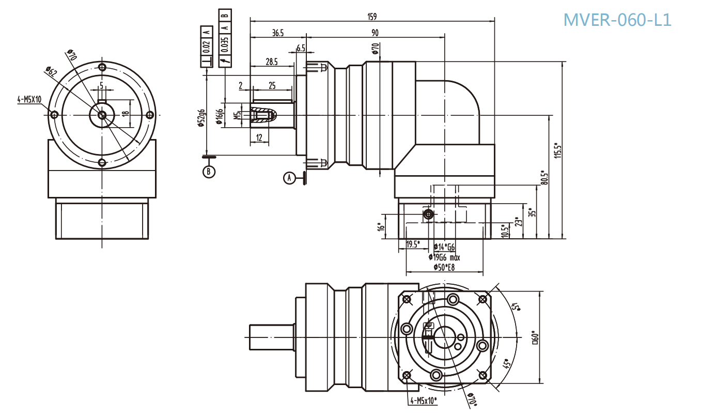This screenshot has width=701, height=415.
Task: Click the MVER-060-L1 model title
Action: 617,20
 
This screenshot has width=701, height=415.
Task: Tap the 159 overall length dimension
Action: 372,16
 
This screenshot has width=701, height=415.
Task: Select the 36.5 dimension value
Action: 277,33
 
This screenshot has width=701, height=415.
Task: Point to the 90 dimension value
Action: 375,33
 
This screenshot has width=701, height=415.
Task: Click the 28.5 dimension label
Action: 272,62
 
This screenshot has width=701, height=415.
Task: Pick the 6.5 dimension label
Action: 301,48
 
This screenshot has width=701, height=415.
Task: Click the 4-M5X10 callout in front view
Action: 29,100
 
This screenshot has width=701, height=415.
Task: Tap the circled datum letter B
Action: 208,172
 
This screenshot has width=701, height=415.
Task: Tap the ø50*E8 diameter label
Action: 444,266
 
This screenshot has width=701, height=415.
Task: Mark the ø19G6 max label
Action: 445,257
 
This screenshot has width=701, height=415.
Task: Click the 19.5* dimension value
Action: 413,244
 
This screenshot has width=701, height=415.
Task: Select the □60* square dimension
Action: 536,338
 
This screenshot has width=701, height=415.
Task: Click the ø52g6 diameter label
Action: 201,118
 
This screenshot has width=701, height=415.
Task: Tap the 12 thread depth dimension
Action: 259,137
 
